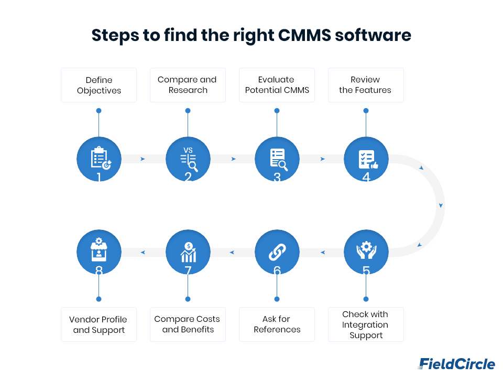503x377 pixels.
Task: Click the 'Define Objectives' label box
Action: tap(99, 85)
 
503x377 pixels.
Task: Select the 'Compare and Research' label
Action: tap(188, 85)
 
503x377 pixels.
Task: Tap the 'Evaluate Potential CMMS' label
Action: tap(277, 85)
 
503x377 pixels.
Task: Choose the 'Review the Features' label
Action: tap(366, 85)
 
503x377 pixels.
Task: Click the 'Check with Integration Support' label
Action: tap(366, 324)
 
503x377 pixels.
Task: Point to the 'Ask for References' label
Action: tap(277, 324)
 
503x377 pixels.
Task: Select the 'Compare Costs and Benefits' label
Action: tap(188, 324)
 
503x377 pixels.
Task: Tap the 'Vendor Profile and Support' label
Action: tap(99, 324)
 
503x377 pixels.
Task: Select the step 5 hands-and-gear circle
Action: tap(366, 253)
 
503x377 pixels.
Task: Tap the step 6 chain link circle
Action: tap(277, 253)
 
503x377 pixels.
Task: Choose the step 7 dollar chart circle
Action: tap(188, 253)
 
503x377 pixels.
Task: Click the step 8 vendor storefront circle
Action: tap(99, 253)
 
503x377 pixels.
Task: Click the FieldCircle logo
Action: tap(456, 364)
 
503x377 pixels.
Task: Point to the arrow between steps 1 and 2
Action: tap(143, 159)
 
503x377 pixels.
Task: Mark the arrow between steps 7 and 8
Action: tap(143, 253)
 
